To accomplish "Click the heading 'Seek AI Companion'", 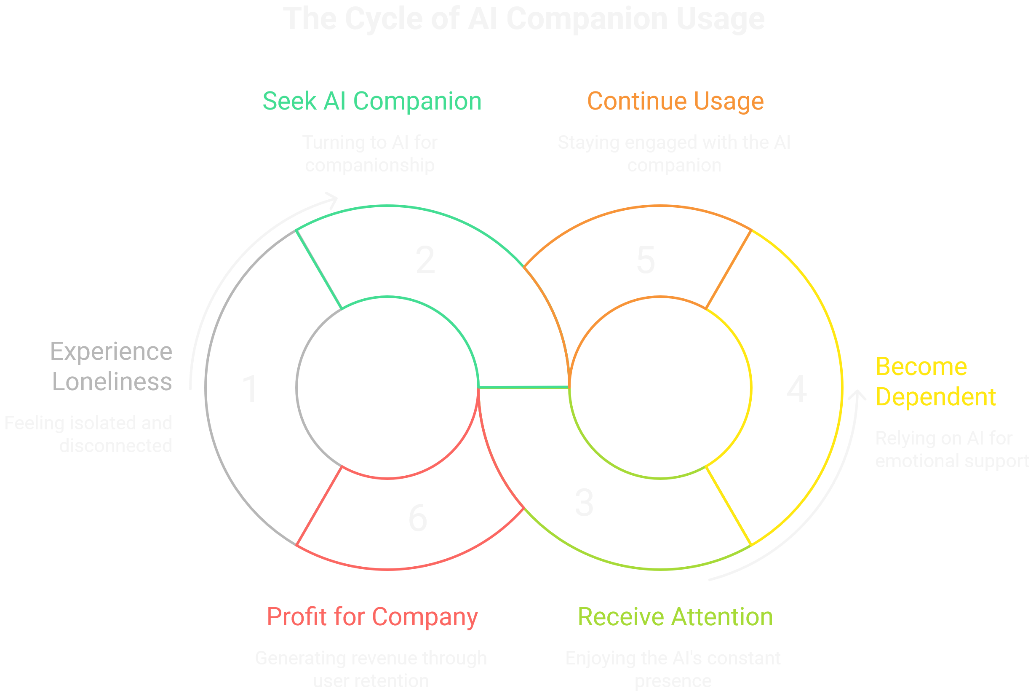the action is point(372,102).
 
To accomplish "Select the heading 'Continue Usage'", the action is point(675,102).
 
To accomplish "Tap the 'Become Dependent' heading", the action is point(936,382).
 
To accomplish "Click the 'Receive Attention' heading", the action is point(675,616).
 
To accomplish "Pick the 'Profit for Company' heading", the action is point(372,616).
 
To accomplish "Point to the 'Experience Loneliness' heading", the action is point(112,366).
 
